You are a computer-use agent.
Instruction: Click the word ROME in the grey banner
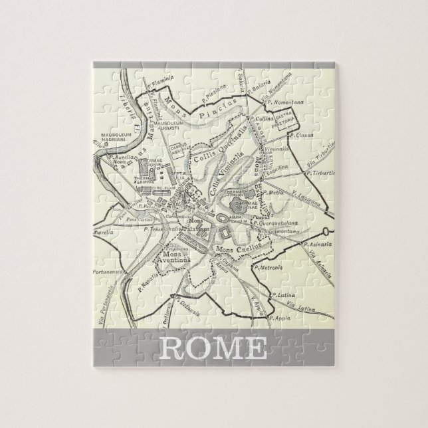pyautogui.click(x=213, y=349)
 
